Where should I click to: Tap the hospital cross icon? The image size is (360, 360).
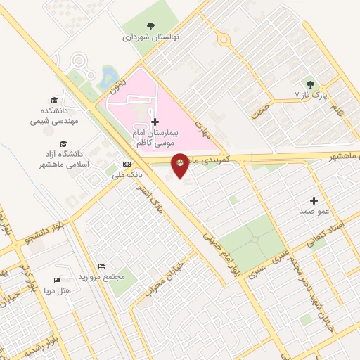(x=155, y=122)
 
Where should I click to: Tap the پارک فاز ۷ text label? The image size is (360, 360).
(x=311, y=94)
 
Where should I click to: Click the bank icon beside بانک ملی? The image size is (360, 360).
(x=127, y=163)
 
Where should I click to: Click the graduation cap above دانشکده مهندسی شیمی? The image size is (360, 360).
(x=54, y=101)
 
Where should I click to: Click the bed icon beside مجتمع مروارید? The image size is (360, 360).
(x=102, y=267)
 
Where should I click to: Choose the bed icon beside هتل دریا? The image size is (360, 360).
(x=58, y=280)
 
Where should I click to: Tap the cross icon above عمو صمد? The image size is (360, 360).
(x=314, y=200)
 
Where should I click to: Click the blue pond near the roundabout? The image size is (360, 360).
(x=107, y=74)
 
